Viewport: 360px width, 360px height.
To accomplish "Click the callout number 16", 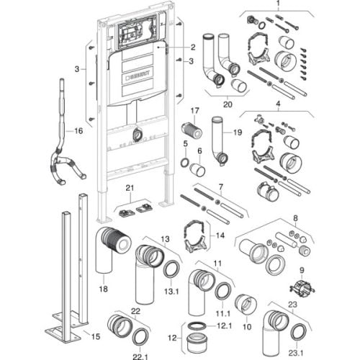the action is [78, 131].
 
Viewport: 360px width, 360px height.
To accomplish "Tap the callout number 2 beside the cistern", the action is [193, 48].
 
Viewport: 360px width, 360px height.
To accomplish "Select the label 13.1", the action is [171, 292].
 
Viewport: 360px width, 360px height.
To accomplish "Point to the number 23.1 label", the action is [296, 353].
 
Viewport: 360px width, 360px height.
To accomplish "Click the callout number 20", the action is [228, 104].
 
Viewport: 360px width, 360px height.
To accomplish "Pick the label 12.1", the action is [224, 325].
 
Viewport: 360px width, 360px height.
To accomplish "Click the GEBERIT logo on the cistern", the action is [138, 73].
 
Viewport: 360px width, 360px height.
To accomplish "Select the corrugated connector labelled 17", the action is [192, 131].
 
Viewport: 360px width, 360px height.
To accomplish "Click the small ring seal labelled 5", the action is [184, 163].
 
